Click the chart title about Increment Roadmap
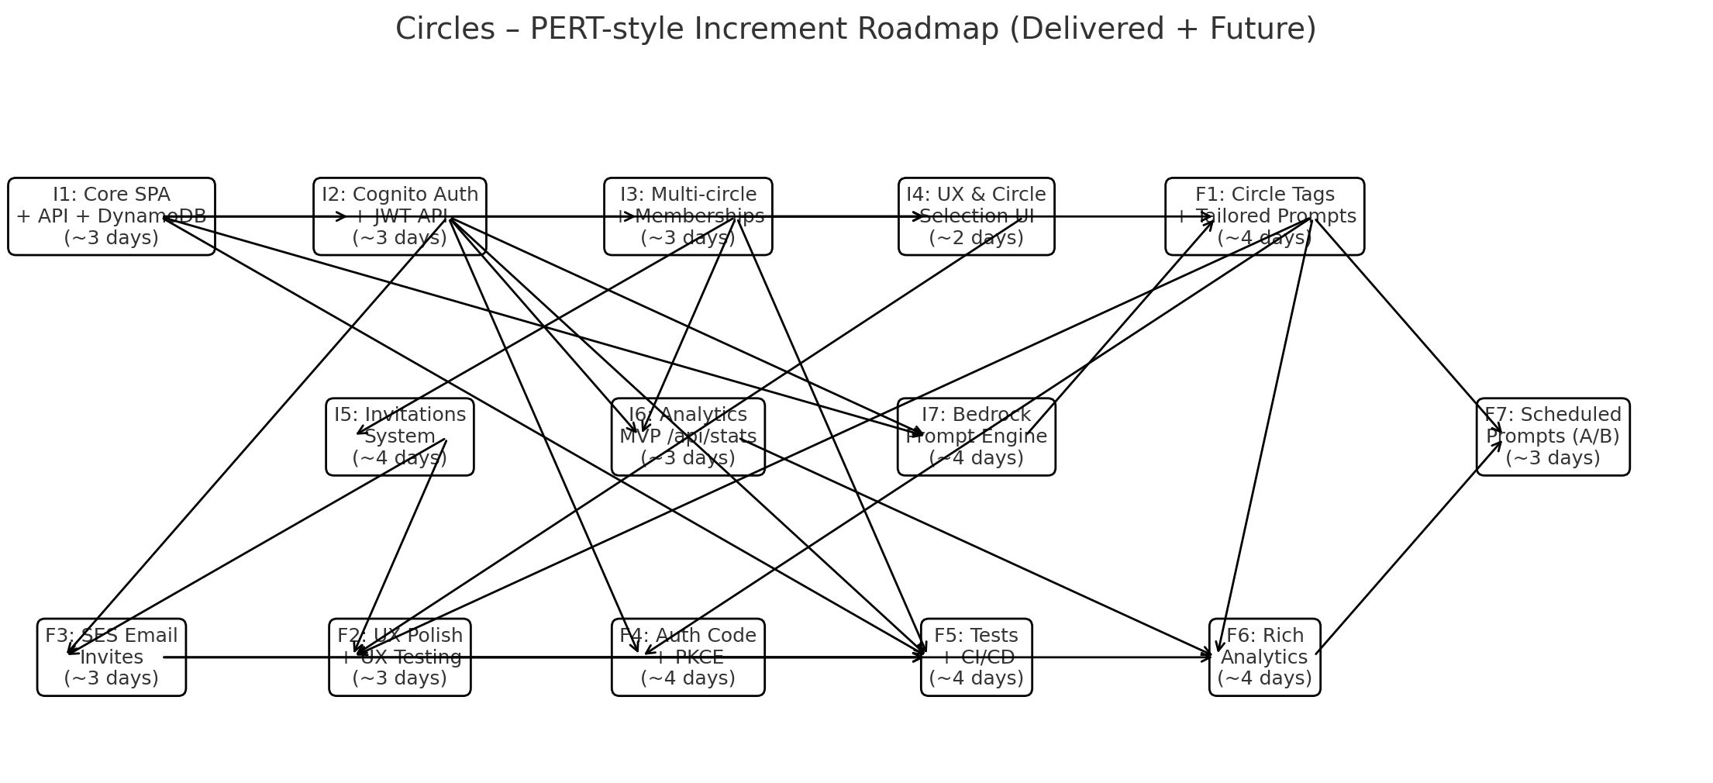click(856, 29)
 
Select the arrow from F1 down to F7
click(1407, 326)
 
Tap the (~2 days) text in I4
click(977, 238)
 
